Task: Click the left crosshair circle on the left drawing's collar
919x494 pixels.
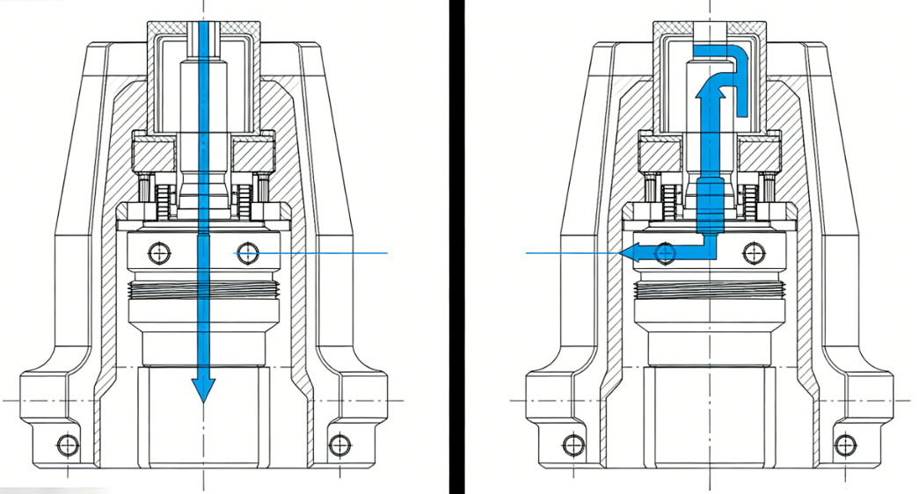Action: pyautogui.click(x=159, y=253)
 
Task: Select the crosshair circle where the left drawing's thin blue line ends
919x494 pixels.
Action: pyautogui.click(x=247, y=253)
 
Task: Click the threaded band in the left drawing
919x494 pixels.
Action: pyautogui.click(x=203, y=287)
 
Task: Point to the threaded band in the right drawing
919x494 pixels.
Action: pyautogui.click(x=709, y=287)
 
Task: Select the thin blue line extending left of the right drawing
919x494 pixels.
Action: pyautogui.click(x=563, y=253)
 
